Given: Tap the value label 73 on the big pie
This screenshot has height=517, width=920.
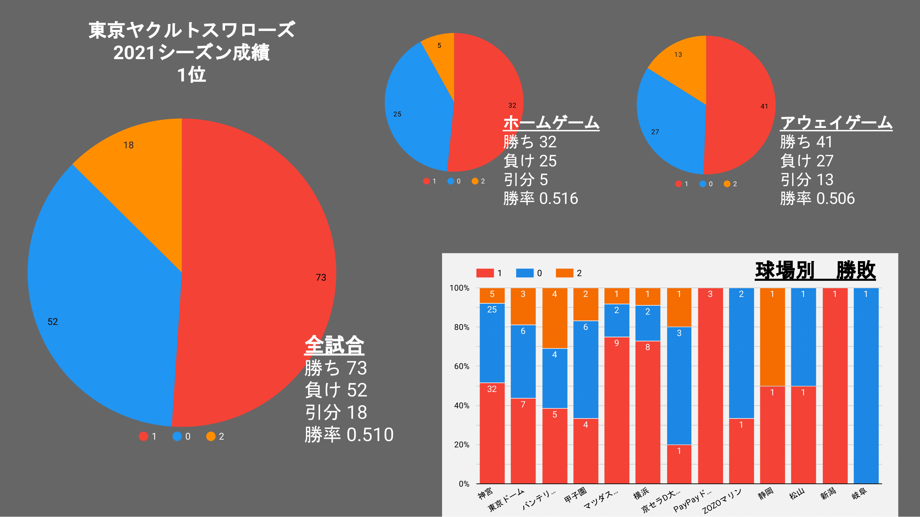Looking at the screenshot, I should [321, 278].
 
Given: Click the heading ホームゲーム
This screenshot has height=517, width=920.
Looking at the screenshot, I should [551, 123].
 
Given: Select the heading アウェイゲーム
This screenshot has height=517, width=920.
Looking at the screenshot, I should [836, 123].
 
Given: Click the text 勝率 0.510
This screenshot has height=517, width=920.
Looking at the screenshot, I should [349, 435].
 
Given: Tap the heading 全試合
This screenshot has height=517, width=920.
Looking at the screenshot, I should [334, 345].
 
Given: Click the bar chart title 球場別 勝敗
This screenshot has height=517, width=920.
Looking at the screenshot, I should [815, 270].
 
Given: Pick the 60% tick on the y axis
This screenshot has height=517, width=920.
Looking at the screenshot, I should [461, 366].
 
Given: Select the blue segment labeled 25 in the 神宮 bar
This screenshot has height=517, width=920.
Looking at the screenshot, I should [492, 343].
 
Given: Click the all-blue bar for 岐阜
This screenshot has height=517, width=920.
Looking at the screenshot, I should [866, 385].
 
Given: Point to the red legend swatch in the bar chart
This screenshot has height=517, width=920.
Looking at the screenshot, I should [485, 273].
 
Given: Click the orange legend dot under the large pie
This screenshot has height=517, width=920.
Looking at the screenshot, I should [211, 436].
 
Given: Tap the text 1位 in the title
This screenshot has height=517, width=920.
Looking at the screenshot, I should [191, 75].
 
